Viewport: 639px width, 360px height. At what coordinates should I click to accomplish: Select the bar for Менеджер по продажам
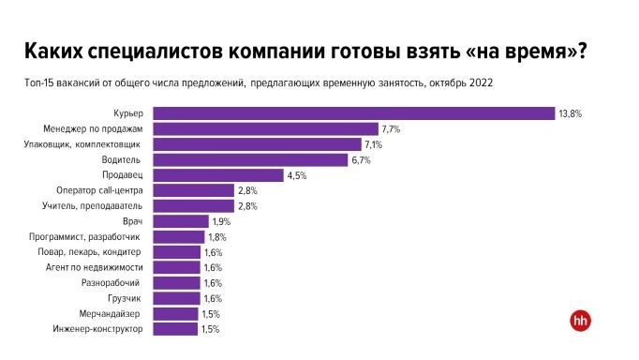coord(265,128)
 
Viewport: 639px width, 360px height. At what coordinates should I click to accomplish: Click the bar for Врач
coord(180,221)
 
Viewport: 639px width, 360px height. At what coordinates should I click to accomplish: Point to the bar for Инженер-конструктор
coord(175,329)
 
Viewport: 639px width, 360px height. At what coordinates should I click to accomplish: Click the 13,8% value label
coord(571,113)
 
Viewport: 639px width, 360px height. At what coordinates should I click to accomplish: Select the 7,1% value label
coord(375,144)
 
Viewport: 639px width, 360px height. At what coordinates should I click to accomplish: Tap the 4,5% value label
coord(298,175)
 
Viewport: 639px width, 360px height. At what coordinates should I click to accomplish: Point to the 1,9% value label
coord(221,221)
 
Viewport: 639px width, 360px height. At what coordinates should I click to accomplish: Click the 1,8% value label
coord(217,237)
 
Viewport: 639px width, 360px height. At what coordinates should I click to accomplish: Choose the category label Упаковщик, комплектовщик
coord(82,144)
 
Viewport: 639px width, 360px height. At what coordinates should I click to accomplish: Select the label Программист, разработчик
coord(85,237)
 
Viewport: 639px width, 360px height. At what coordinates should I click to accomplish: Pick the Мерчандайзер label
coord(110,314)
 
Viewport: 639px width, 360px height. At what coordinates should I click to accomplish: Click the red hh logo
coord(580,320)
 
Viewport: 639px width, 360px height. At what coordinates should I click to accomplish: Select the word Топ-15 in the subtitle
coord(39,82)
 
